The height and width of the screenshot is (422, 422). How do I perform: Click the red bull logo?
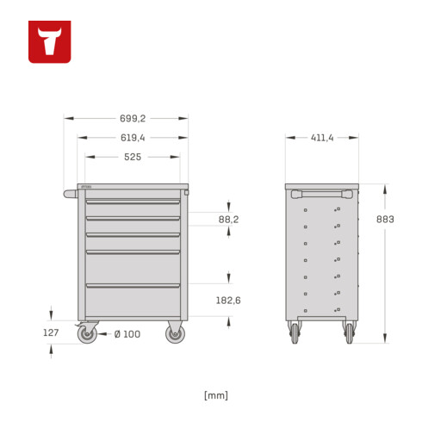[49, 41]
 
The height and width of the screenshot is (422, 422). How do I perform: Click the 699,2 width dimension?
[126, 119]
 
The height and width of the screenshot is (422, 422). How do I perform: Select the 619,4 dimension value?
[133, 138]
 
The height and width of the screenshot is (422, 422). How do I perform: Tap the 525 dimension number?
[133, 157]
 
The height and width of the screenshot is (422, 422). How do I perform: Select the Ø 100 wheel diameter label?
[127, 334]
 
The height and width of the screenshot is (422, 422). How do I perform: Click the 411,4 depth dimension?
[321, 138]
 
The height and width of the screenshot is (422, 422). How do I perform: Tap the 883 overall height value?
[386, 220]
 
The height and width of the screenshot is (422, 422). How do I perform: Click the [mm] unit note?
[216, 395]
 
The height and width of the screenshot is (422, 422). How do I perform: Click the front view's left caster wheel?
[87, 334]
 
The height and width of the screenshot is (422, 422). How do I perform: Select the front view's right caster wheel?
[175, 334]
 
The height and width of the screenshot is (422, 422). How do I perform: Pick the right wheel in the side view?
[350, 333]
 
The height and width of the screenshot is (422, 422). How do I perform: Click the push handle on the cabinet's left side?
[70, 194]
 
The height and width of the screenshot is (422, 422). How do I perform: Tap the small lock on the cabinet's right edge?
[184, 194]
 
